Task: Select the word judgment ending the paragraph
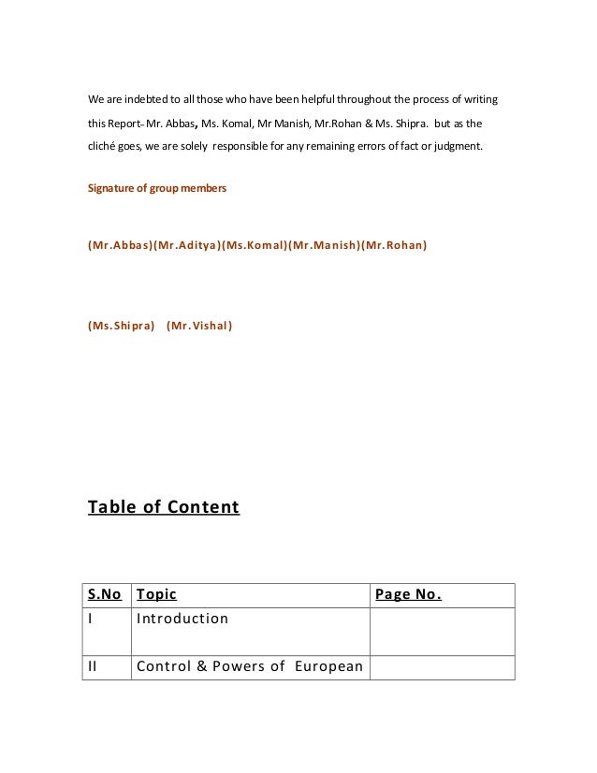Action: pyautogui.click(x=459, y=147)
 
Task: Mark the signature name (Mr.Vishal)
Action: pyautogui.click(x=199, y=327)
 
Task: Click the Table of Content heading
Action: pyautogui.click(x=163, y=508)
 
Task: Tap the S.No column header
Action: pyautogui.click(x=105, y=595)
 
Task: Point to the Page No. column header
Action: pyautogui.click(x=408, y=595)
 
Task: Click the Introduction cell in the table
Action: pyautogui.click(x=182, y=620)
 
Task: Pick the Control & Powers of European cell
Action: pyautogui.click(x=249, y=668)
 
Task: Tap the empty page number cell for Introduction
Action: pyautogui.click(x=442, y=631)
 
